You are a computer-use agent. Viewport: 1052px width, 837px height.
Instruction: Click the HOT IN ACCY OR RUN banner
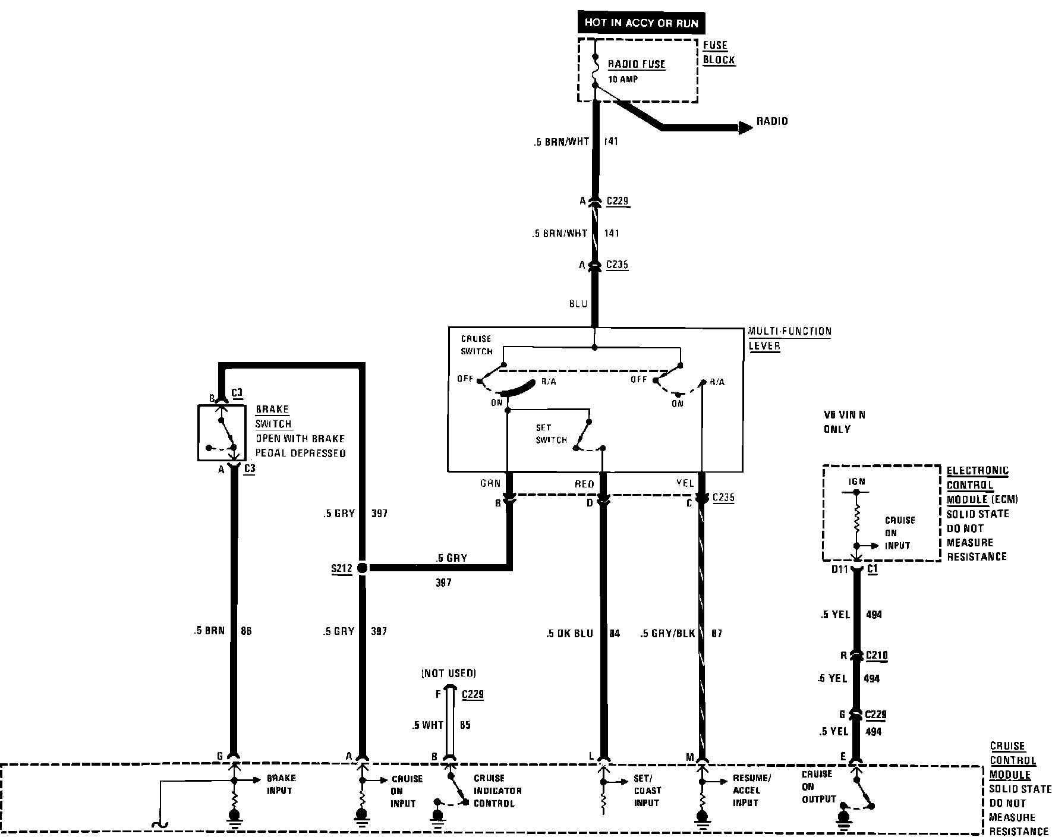pyautogui.click(x=641, y=23)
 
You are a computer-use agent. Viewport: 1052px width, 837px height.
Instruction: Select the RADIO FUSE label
pyautogui.click(x=636, y=64)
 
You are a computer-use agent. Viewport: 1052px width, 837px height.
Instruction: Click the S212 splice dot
pyautogui.click(x=362, y=568)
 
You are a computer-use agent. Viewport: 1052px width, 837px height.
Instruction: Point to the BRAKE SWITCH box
pyautogui.click(x=221, y=433)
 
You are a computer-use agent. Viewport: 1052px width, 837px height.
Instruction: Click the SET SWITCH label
pyautogui.click(x=550, y=434)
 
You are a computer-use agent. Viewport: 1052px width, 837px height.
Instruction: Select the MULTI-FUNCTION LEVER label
pyautogui.click(x=789, y=338)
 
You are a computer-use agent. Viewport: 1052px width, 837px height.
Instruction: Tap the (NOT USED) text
pyautogui.click(x=448, y=673)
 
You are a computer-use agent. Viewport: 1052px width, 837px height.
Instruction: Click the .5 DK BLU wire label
pyautogui.click(x=569, y=634)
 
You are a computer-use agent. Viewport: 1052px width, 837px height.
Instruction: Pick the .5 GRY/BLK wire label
pyautogui.click(x=667, y=634)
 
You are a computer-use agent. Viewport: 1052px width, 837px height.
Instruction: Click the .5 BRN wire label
pyautogui.click(x=209, y=631)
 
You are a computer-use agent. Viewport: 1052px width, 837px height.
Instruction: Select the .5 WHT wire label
pyautogui.click(x=427, y=725)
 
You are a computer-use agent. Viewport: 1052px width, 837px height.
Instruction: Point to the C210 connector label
pyautogui.click(x=876, y=656)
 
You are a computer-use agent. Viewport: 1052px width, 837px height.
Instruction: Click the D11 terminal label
pyautogui.click(x=839, y=569)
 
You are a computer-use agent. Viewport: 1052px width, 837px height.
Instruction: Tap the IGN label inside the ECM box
pyautogui.click(x=856, y=482)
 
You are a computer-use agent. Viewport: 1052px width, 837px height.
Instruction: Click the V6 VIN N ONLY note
pyautogui.click(x=844, y=421)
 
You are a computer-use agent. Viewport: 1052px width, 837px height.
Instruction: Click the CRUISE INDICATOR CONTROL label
pyautogui.click(x=497, y=791)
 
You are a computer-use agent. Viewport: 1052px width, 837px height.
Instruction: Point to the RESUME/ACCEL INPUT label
pyautogui.click(x=751, y=791)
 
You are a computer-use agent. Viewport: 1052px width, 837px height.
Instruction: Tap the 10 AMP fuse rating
pyautogui.click(x=622, y=79)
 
